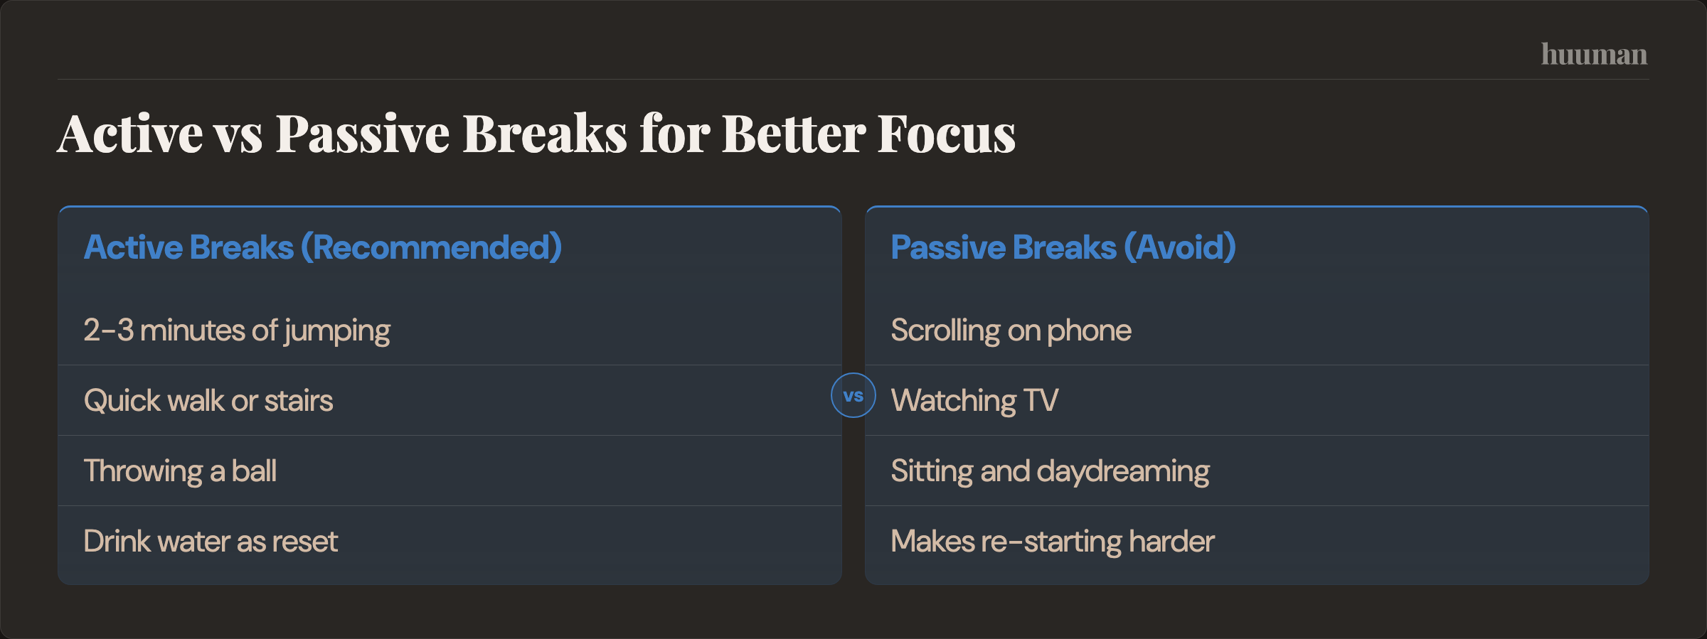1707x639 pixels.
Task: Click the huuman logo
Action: [1594, 55]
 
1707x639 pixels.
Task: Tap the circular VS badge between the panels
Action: [854, 395]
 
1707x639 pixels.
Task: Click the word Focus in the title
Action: [946, 134]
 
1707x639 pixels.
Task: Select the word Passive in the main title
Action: [363, 134]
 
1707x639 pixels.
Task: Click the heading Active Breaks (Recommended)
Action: [323, 247]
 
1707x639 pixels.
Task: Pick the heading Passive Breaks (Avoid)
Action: [1063, 247]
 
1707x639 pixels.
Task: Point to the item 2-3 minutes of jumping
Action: [237, 331]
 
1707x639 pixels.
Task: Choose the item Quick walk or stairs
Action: [208, 401]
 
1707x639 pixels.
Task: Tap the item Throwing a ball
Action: [180, 471]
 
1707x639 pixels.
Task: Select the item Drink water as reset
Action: [211, 542]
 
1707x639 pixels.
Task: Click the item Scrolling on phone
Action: [1011, 331]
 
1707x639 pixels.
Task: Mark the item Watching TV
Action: [974, 401]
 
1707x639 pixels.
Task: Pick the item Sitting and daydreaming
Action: [1050, 471]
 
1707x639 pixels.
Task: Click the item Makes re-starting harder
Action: [1053, 542]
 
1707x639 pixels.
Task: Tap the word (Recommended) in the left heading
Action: [432, 247]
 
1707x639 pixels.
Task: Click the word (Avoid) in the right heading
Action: [1180, 247]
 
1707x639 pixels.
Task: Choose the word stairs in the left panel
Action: [299, 401]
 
